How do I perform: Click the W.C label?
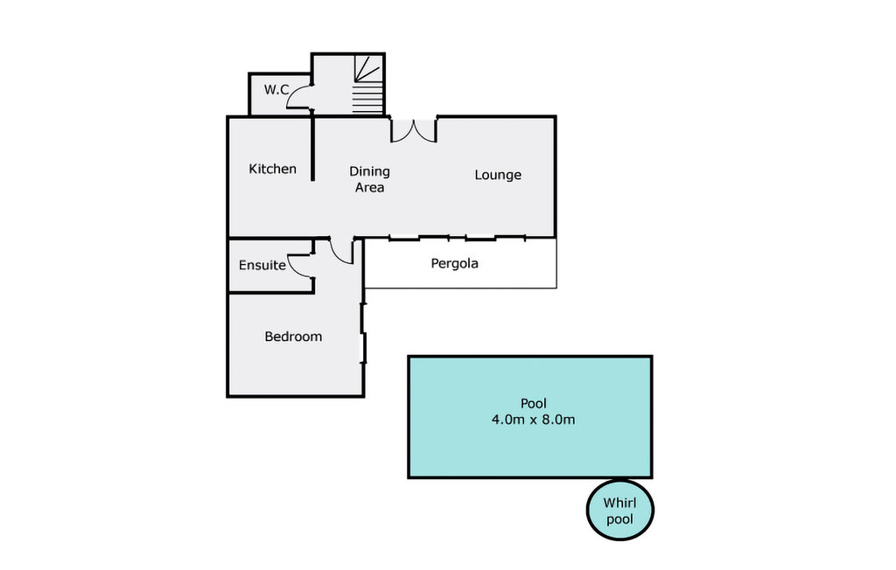(276, 89)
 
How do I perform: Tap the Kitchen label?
(272, 169)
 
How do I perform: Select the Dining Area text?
(369, 179)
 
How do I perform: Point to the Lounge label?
(498, 175)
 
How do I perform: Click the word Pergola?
(455, 262)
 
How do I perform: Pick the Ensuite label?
(262, 265)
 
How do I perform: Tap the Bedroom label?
(293, 337)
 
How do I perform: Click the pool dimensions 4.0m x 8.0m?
(533, 420)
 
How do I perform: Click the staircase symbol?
(367, 83)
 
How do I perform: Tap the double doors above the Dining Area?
(413, 129)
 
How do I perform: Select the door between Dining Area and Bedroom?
(341, 251)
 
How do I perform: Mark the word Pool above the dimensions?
(533, 404)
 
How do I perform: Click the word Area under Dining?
(369, 187)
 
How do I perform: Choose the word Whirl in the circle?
(619, 503)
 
